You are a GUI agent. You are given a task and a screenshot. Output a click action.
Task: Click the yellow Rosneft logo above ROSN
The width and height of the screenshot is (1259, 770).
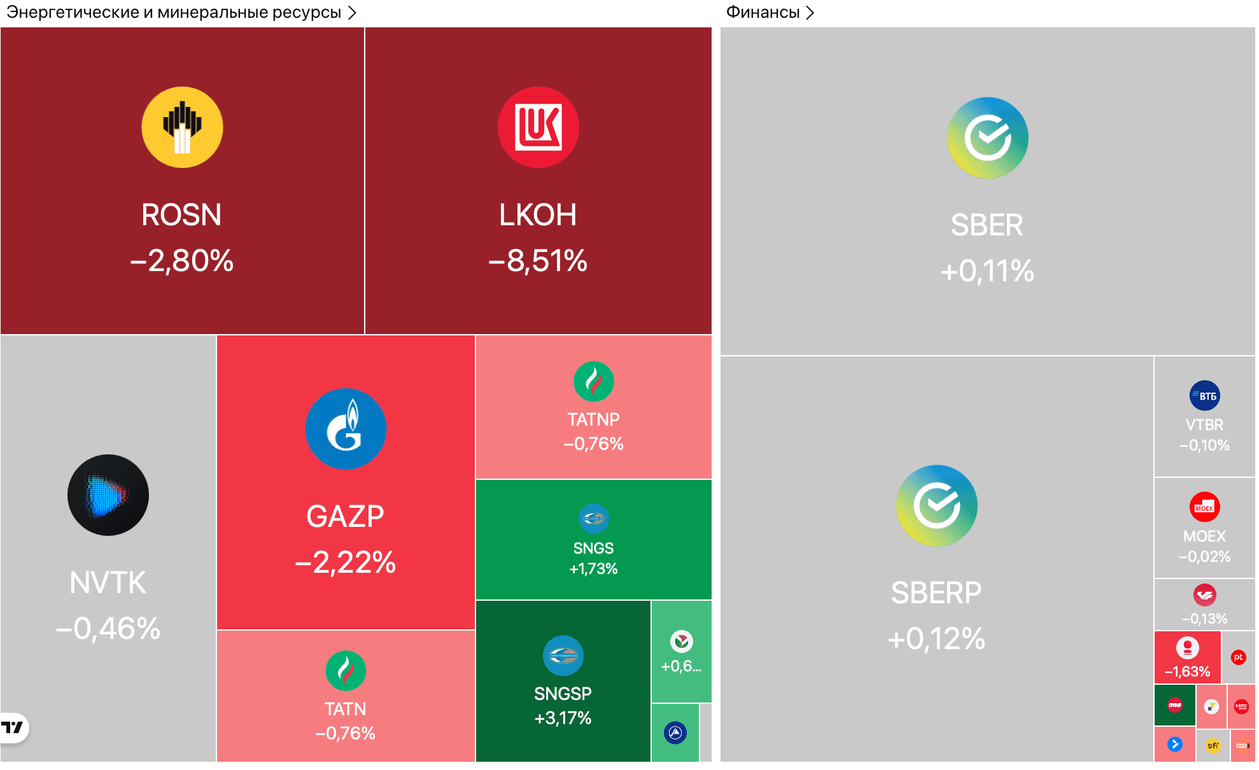click(x=182, y=127)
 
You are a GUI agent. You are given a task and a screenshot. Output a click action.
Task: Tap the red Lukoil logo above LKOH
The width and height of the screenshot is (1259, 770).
click(x=538, y=127)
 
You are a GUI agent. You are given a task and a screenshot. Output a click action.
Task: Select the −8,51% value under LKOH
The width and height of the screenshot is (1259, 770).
click(x=538, y=260)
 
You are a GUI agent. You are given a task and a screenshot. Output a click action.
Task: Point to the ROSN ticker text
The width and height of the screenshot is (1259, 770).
click(x=181, y=215)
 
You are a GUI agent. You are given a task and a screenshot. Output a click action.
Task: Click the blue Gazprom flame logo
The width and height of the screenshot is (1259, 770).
click(x=346, y=429)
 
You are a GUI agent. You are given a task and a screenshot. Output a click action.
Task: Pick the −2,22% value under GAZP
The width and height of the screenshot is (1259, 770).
click(x=346, y=563)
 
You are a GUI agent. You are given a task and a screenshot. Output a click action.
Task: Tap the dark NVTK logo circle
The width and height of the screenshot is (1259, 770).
click(x=108, y=495)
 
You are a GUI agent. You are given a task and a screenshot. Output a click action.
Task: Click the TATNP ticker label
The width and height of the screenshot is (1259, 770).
click(x=593, y=420)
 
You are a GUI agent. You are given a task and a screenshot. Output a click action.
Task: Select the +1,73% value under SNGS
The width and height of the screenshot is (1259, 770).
click(x=593, y=569)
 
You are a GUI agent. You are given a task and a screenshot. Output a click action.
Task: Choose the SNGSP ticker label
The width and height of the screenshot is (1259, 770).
click(x=563, y=694)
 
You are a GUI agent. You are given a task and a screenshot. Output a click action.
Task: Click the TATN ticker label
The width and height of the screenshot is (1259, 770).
click(x=346, y=709)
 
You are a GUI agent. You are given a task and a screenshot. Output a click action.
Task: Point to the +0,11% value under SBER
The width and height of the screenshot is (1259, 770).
click(x=987, y=271)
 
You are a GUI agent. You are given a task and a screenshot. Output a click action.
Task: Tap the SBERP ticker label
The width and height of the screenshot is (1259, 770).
click(x=936, y=593)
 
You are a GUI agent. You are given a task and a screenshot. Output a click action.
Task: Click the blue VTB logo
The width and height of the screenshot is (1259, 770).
click(x=1204, y=396)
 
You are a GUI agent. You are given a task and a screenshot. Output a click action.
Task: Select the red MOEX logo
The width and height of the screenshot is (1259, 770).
click(x=1204, y=507)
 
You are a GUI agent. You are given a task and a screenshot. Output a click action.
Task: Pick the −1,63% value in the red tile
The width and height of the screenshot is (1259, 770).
click(x=1187, y=671)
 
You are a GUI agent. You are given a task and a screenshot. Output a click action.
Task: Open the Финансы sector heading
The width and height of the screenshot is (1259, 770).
click(x=763, y=12)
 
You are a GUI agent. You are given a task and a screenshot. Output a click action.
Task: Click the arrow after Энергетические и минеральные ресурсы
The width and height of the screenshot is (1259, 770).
click(x=352, y=13)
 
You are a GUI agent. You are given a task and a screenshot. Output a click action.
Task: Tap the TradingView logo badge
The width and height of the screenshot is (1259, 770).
click(x=13, y=727)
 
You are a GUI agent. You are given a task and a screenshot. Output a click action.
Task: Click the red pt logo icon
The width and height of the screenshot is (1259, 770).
click(x=1238, y=657)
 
